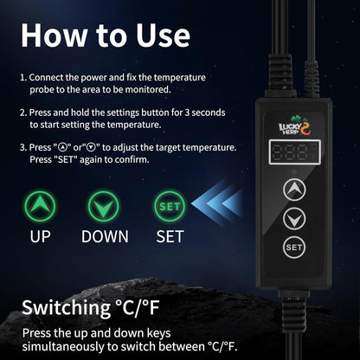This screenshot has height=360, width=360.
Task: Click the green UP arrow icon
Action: click(40, 206)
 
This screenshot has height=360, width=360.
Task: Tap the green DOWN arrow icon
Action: click(104, 206)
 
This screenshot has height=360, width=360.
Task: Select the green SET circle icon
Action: click(170, 206)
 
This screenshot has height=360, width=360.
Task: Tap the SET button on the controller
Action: click(294, 247)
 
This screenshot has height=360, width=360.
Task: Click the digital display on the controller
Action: click(294, 152)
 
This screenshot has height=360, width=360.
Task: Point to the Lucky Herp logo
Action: click(295, 125)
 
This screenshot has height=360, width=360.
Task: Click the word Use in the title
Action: click(163, 35)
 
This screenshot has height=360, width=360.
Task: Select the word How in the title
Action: click(54, 35)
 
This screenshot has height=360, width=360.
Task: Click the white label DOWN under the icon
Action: click(105, 236)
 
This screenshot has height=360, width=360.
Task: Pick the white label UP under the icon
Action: click(40, 236)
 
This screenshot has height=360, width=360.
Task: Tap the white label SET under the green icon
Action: click(170, 236)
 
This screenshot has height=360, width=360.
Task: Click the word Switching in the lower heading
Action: click(66, 308)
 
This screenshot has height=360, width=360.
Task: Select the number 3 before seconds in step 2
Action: click(187, 112)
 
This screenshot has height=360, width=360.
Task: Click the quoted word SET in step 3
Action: click(66, 159)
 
